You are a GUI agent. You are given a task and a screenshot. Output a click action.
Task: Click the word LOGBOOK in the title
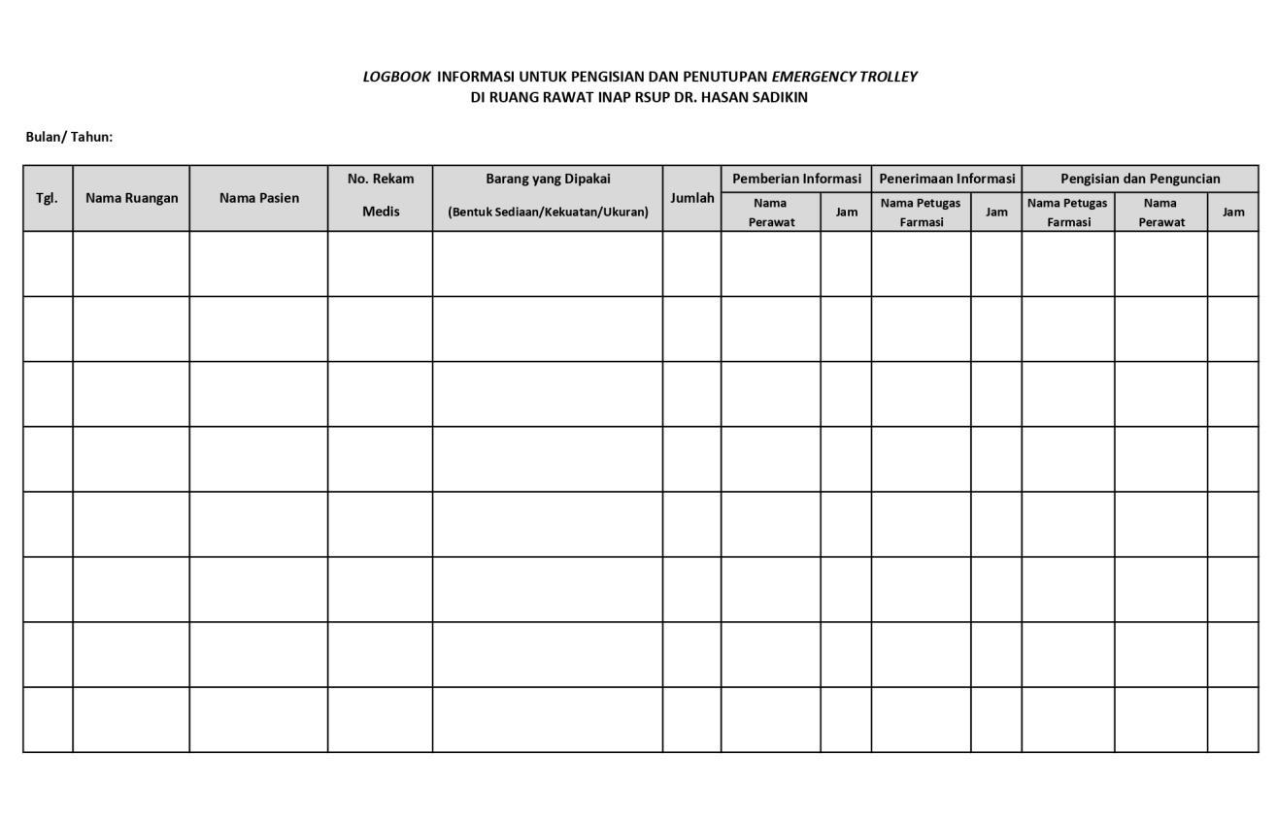pyautogui.click(x=396, y=77)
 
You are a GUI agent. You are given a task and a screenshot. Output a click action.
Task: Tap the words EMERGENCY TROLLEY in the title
pyautogui.click(x=844, y=77)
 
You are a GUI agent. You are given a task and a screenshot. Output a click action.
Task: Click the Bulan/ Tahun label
pyautogui.click(x=69, y=137)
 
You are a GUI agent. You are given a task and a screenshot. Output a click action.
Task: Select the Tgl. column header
pyautogui.click(x=47, y=198)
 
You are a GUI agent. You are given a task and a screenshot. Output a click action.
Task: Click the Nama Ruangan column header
pyautogui.click(x=131, y=198)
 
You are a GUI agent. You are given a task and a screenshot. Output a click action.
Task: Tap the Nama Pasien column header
pyautogui.click(x=258, y=198)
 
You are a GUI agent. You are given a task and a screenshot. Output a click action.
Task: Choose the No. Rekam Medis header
pyautogui.click(x=381, y=195)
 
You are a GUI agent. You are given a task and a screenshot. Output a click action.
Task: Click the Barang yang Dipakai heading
pyautogui.click(x=548, y=179)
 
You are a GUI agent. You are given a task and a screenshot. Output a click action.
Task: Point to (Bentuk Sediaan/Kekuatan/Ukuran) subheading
pyautogui.click(x=548, y=212)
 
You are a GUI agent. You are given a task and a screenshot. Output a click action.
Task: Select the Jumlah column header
pyautogui.click(x=691, y=198)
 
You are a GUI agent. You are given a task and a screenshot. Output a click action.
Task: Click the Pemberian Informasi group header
pyautogui.click(x=796, y=179)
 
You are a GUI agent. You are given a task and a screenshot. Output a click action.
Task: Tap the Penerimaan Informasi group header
pyautogui.click(x=947, y=179)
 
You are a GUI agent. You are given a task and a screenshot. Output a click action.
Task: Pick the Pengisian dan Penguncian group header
pyautogui.click(x=1140, y=179)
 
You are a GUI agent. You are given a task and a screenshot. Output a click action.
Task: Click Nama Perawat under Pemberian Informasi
pyautogui.click(x=771, y=212)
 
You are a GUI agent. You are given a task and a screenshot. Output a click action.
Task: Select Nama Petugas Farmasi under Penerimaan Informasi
pyautogui.click(x=921, y=212)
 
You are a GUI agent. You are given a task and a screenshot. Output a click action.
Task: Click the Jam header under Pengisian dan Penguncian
pyautogui.click(x=1233, y=212)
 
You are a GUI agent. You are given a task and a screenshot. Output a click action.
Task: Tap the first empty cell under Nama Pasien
pyautogui.click(x=258, y=264)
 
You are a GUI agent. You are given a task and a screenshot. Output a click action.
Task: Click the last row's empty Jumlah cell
pyautogui.click(x=691, y=720)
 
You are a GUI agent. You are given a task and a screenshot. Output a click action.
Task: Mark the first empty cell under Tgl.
pyautogui.click(x=48, y=264)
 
